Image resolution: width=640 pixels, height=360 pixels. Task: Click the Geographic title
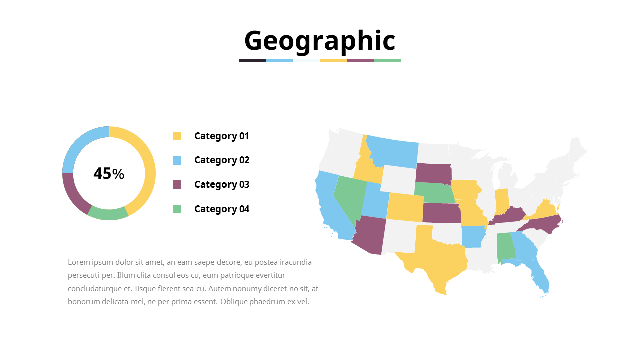(x=320, y=41)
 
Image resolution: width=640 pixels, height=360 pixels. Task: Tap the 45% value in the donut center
(x=109, y=174)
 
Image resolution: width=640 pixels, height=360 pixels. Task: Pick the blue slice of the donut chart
(x=80, y=145)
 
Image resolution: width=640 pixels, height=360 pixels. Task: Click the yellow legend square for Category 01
(x=177, y=136)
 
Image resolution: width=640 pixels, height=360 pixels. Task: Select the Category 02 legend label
(x=221, y=160)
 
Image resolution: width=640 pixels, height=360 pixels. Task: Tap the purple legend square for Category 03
(x=177, y=185)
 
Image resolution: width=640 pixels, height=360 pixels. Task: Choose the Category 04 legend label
(x=221, y=209)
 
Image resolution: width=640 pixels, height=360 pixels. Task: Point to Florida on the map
(x=540, y=277)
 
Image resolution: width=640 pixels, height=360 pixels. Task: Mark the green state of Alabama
(x=505, y=247)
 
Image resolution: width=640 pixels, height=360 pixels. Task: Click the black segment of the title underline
(x=252, y=60)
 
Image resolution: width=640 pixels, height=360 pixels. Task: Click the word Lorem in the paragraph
(x=77, y=262)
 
